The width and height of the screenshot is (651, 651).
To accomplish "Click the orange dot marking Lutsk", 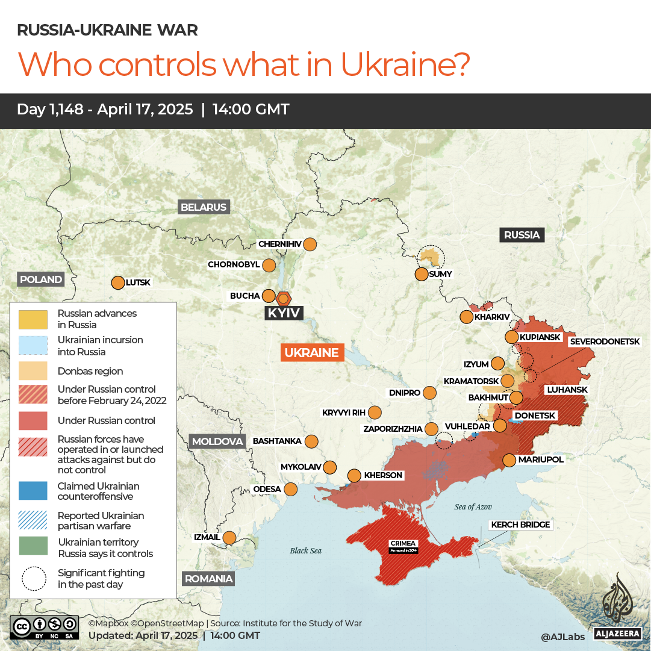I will (x=118, y=282).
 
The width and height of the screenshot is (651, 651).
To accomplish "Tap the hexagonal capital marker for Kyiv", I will (x=284, y=298).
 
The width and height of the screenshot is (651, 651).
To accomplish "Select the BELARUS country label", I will (x=204, y=207).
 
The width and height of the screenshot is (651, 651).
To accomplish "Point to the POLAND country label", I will (x=40, y=279).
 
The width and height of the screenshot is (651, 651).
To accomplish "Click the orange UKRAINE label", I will (x=312, y=352).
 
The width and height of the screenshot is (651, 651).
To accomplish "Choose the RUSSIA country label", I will (x=522, y=235).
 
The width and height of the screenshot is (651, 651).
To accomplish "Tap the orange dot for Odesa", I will (x=291, y=489).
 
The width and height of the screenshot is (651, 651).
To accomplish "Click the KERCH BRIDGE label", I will (x=520, y=525).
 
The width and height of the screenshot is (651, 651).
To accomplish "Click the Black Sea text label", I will (x=306, y=550).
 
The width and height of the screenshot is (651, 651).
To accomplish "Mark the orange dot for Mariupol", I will (x=509, y=460).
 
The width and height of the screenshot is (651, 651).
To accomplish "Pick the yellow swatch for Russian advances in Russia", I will (x=33, y=319).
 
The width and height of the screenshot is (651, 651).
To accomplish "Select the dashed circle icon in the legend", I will (x=34, y=578).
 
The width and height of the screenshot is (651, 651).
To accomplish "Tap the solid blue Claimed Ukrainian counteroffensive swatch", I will (x=33, y=491).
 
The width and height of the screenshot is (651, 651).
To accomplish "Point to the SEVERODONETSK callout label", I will (x=605, y=341).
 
